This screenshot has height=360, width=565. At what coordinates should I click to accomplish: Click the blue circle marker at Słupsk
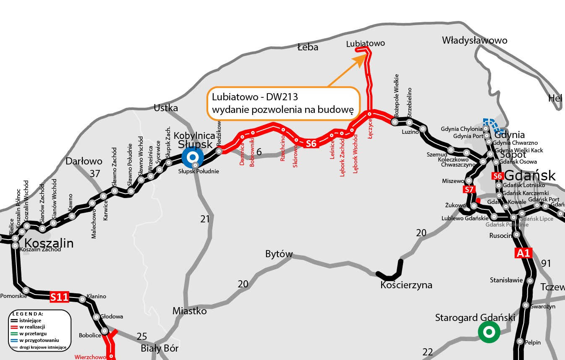click(193, 157)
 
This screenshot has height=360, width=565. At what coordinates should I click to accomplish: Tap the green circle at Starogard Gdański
click(489, 332)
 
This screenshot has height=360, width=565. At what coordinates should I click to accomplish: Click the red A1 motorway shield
click(523, 253)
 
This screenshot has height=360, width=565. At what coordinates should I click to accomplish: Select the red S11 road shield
click(59, 297)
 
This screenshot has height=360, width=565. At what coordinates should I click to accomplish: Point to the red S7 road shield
click(469, 190)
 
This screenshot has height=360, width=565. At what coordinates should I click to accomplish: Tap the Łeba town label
click(308, 47)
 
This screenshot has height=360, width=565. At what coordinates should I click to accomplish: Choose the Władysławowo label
click(474, 41)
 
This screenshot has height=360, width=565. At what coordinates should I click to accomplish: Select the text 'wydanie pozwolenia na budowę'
click(283, 110)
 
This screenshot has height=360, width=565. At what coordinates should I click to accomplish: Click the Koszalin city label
click(49, 243)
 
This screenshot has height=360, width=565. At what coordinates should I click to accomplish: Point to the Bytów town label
click(279, 254)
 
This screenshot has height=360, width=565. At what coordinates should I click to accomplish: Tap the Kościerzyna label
click(406, 285)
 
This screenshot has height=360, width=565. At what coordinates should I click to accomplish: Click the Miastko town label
click(190, 311)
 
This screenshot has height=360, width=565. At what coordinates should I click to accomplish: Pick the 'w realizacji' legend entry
click(32, 326)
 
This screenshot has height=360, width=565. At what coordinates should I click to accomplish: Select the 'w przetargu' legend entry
click(32, 333)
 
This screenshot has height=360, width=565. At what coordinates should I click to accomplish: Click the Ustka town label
click(166, 108)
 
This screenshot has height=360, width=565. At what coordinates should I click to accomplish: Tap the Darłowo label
click(84, 161)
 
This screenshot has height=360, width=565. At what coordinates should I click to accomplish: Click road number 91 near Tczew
click(546, 263)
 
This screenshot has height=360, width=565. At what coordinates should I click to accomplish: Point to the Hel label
click(555, 99)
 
